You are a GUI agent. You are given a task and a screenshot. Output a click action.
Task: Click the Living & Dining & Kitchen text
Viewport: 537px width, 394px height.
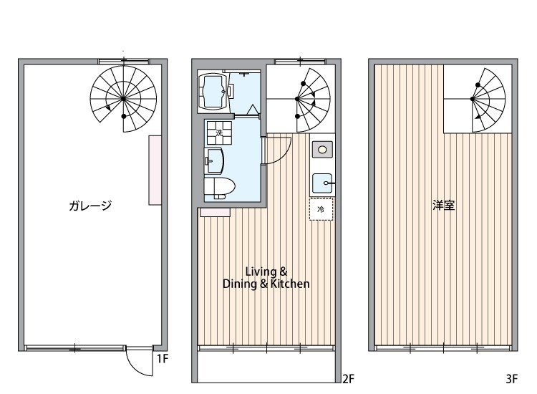[266, 278]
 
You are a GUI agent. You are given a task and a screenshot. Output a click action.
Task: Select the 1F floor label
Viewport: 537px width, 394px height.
[163, 359]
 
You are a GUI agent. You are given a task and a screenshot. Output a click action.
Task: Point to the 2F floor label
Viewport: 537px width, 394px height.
[348, 378]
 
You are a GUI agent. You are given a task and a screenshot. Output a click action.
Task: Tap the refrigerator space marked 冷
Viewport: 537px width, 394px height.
[321, 209]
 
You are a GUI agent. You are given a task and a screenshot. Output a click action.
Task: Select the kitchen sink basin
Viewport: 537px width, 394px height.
[323, 183]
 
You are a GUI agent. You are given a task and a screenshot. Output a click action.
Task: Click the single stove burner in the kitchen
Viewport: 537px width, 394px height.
[323, 149]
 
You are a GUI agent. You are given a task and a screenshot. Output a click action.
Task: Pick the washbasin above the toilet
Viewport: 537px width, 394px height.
[214, 158]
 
